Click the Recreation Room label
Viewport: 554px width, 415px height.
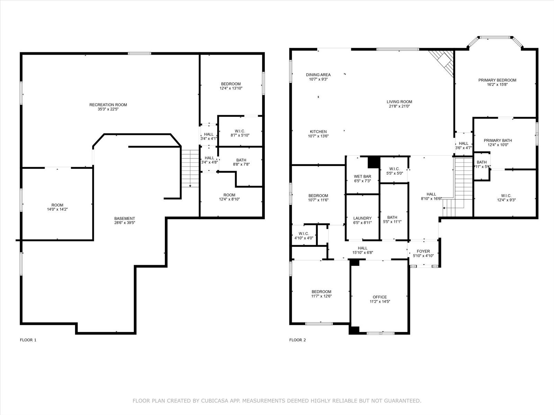[x=108, y=105]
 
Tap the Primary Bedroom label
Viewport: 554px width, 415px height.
[x=497, y=80]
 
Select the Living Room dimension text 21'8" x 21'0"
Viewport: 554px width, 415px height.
[x=399, y=106]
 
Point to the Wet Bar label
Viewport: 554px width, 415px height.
[x=363, y=177]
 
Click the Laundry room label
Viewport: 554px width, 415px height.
[x=363, y=218]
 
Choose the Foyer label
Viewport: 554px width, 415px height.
[x=423, y=251]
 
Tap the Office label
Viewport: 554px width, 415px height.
[x=380, y=297]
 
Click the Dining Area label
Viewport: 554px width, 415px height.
[x=318, y=75]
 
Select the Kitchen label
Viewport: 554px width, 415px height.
[x=318, y=131]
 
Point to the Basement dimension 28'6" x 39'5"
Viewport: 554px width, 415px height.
[x=125, y=223]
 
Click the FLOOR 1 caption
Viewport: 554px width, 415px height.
[x=28, y=340]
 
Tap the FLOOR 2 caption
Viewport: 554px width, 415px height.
[x=297, y=340]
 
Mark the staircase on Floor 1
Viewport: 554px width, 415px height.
[x=190, y=168]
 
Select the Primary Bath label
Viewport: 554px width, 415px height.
[x=498, y=140]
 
